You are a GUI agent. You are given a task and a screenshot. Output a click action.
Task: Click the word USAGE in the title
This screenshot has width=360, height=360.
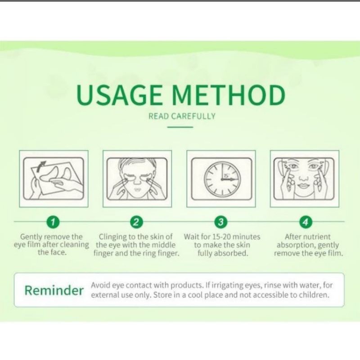pyautogui.click(x=119, y=94)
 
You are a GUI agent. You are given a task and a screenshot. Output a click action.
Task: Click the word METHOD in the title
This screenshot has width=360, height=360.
pyautogui.click(x=229, y=94)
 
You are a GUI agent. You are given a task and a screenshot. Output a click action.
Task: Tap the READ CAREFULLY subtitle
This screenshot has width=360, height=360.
pyautogui.click(x=182, y=116)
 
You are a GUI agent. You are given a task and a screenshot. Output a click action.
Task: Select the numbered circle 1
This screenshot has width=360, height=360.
pyautogui.click(x=53, y=222)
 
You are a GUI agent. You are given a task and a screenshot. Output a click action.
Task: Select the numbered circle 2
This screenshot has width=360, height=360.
pyautogui.click(x=137, y=222)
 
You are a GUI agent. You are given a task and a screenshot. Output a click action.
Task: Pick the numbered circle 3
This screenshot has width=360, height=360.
pyautogui.click(x=220, y=222)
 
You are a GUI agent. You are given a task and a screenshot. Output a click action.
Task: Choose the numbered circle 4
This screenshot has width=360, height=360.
pyautogui.click(x=306, y=222)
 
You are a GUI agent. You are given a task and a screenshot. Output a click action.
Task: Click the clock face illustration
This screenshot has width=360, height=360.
pyautogui.click(x=222, y=179)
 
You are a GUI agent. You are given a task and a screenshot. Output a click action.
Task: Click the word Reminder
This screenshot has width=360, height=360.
pyautogui.click(x=54, y=290)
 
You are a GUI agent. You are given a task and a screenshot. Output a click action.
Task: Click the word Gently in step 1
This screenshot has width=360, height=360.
pyautogui.click(x=31, y=237)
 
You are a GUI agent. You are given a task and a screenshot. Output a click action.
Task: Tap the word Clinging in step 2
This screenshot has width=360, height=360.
pyautogui.click(x=112, y=237)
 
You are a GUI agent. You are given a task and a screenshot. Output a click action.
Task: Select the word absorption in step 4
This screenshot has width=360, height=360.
pyautogui.click(x=295, y=245)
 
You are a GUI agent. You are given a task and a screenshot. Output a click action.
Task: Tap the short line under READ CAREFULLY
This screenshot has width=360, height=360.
pyautogui.click(x=180, y=127)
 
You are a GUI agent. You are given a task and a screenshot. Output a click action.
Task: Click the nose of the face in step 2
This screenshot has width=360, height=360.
pyautogui.click(x=137, y=181)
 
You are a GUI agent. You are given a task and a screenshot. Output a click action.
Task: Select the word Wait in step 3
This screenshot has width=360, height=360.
pyautogui.click(x=191, y=237)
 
